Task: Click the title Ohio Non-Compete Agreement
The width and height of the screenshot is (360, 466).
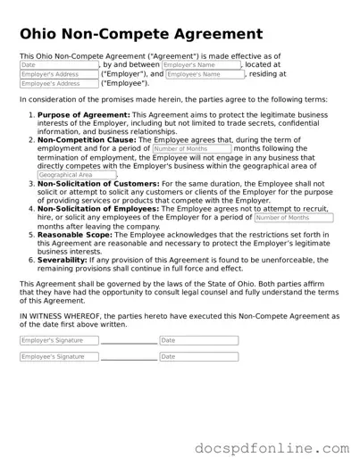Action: [140, 34]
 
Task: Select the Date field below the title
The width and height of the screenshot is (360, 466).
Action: [58, 65]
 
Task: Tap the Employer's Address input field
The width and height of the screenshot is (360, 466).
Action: [58, 74]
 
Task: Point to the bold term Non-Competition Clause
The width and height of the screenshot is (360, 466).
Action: [88, 140]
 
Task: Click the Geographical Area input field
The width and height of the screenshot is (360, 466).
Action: [77, 175]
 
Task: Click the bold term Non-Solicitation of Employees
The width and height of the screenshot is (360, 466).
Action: [99, 207]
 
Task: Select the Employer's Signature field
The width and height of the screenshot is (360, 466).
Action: [58, 340]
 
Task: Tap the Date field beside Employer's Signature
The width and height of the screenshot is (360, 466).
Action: [198, 340]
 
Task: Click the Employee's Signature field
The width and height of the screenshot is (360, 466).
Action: [58, 356]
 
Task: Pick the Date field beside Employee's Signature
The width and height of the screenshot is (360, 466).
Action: [198, 356]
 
